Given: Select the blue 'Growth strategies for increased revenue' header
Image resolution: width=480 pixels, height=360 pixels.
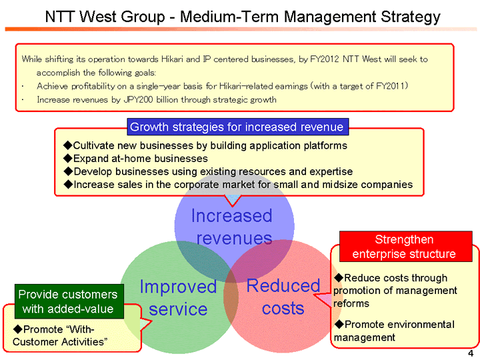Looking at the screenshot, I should click(237, 127).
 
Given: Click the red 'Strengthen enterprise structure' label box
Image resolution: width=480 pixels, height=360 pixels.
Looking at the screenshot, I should click(404, 247).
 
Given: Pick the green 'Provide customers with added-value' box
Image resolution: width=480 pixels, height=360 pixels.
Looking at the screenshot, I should click(68, 301).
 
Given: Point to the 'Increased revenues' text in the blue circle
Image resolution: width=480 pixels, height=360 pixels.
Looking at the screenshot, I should click(233, 227).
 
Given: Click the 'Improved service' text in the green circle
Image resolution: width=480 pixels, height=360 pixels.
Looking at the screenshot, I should click(178, 298).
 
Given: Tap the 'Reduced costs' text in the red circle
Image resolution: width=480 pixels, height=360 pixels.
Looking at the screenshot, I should click(283, 297).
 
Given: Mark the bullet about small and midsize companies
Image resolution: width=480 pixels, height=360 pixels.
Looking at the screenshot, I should click(237, 185).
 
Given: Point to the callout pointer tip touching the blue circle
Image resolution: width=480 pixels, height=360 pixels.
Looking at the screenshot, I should click(233, 206).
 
